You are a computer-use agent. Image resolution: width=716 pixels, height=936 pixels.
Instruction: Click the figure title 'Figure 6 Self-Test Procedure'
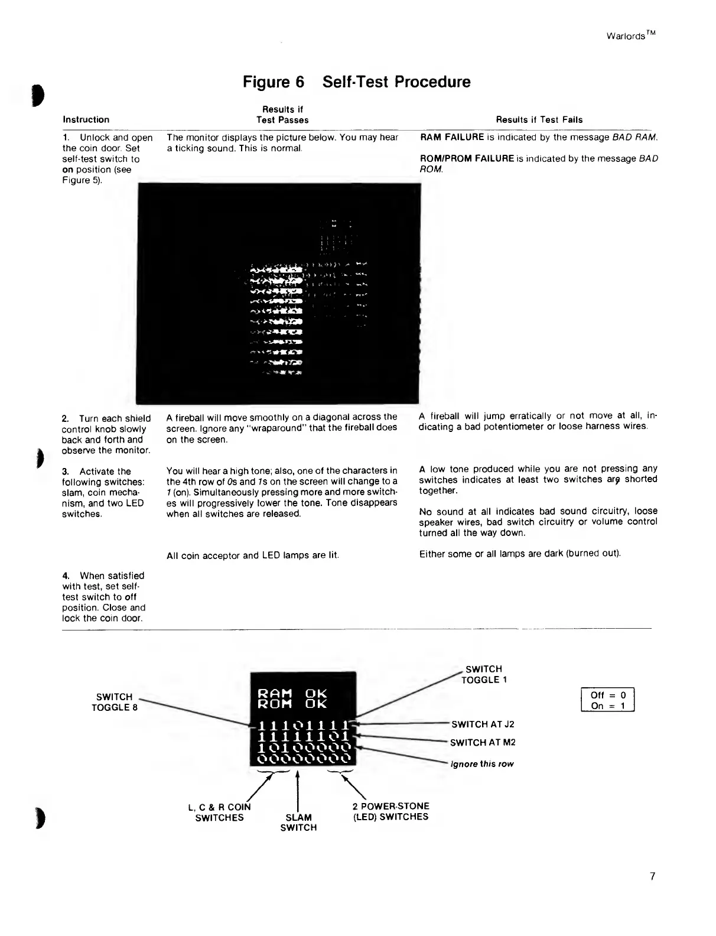click(x=357, y=82)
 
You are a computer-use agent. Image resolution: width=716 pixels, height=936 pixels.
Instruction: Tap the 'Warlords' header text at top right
click(x=630, y=35)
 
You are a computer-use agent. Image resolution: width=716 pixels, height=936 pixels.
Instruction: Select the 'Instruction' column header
click(x=86, y=119)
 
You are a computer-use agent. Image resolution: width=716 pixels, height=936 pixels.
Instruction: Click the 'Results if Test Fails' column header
click(x=539, y=119)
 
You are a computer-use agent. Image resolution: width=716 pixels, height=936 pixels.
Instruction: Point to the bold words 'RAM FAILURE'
click(x=452, y=137)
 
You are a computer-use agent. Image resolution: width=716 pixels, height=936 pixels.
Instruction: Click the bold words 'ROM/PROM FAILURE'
click(x=466, y=158)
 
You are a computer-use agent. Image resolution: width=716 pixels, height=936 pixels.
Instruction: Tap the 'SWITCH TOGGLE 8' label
click(x=114, y=702)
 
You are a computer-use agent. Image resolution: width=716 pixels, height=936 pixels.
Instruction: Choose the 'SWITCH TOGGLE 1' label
click(x=484, y=674)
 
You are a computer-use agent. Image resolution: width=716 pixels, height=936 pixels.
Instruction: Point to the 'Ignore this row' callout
click(x=482, y=763)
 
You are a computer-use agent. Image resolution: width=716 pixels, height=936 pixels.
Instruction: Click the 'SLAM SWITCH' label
click(x=298, y=822)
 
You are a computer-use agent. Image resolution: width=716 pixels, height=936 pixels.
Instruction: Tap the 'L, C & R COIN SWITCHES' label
click(x=219, y=812)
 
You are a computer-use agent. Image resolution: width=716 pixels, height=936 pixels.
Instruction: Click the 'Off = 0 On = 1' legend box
click(x=608, y=700)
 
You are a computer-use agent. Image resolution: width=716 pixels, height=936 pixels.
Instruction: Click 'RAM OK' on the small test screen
click(x=292, y=693)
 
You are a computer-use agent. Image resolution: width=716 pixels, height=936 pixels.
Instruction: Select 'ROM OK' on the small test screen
click(x=292, y=704)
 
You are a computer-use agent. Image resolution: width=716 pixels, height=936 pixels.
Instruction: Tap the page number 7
click(x=652, y=876)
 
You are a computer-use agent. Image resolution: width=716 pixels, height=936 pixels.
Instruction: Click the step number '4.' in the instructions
click(x=66, y=576)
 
